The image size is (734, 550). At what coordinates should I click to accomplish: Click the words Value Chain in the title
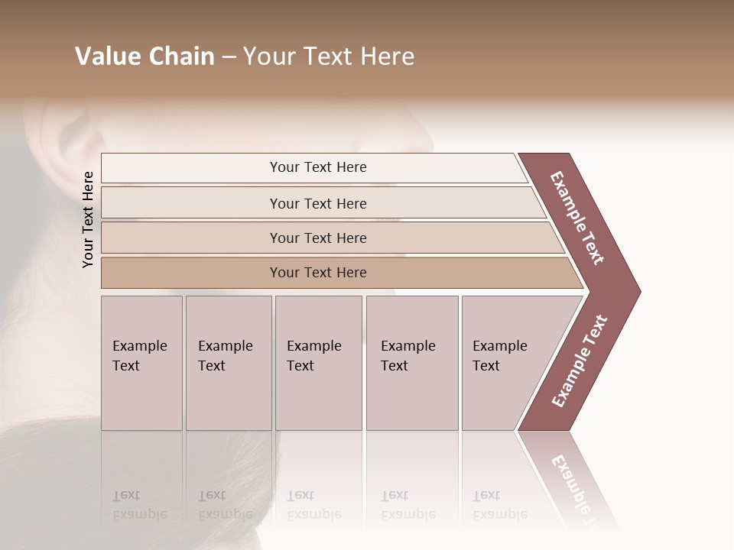point(145,57)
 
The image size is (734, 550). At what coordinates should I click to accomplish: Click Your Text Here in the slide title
point(329,57)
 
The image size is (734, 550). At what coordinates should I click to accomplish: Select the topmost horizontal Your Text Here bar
point(318,167)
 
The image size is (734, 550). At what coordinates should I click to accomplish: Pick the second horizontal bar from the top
point(318,203)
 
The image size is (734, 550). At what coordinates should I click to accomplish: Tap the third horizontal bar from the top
point(318,238)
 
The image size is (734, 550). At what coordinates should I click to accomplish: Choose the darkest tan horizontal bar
point(318,273)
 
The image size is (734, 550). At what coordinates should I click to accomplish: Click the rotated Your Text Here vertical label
point(88,219)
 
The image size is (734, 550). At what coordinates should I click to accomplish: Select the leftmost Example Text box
point(141,363)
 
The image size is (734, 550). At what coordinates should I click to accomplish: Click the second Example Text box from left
point(228,363)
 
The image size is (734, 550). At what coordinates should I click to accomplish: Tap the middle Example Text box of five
point(318,363)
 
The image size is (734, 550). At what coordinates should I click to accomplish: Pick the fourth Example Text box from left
point(411,363)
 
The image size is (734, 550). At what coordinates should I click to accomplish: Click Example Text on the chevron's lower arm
point(580,361)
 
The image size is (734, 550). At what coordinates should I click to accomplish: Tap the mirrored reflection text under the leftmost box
point(139,505)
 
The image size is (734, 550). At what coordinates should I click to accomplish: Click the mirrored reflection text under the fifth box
point(499,505)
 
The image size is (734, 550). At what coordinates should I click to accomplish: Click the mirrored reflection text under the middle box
point(313,505)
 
